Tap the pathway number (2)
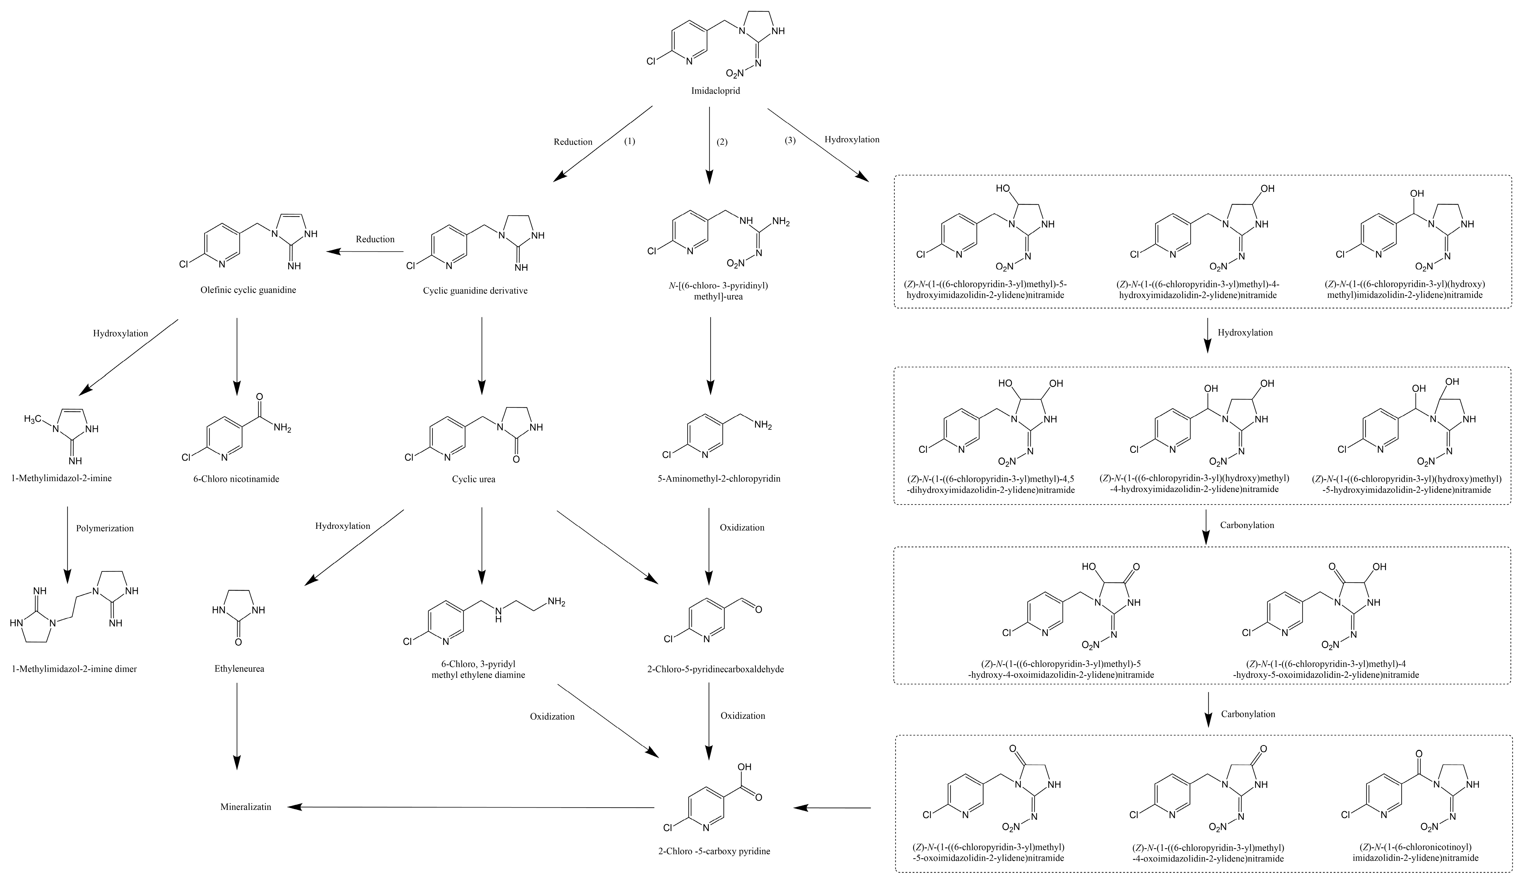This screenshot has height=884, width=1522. tap(722, 143)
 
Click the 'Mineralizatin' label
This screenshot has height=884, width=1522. tap(246, 807)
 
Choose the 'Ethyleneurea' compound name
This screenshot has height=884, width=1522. tap(239, 669)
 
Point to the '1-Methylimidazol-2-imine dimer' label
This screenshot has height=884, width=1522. tap(74, 669)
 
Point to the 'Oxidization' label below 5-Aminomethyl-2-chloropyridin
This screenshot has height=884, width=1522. tap(742, 527)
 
